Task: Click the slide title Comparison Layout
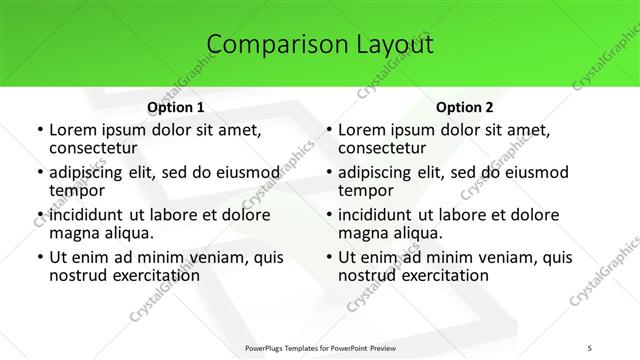(x=320, y=44)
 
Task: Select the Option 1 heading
(x=175, y=107)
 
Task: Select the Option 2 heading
(x=464, y=107)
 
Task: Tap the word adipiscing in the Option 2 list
(x=380, y=172)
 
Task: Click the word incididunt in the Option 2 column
(x=381, y=215)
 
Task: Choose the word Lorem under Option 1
(x=72, y=129)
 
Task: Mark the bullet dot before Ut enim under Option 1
(x=39, y=258)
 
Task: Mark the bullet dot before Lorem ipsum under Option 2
(x=328, y=130)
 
